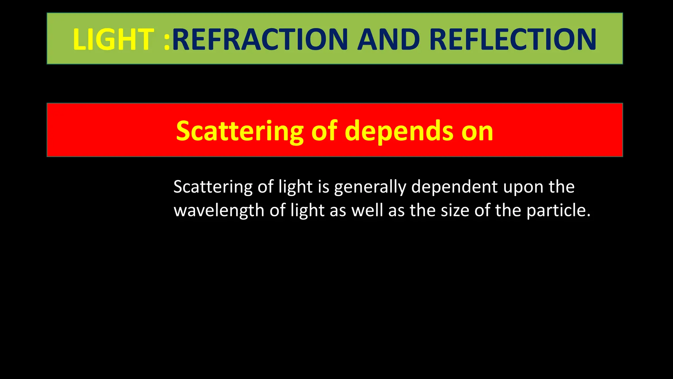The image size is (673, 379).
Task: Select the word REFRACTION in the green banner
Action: (x=260, y=39)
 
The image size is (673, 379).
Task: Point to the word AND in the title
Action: (x=388, y=39)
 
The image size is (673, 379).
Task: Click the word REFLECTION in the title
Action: (x=513, y=39)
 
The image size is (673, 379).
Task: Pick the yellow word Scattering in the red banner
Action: (x=240, y=131)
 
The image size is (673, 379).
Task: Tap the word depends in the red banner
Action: (x=399, y=131)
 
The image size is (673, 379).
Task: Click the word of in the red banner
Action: (x=324, y=131)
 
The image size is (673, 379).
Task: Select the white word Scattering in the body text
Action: (x=213, y=187)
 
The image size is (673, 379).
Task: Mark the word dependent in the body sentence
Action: (x=454, y=187)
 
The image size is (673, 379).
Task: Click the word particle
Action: (x=556, y=211)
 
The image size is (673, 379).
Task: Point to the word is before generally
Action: (x=323, y=187)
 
